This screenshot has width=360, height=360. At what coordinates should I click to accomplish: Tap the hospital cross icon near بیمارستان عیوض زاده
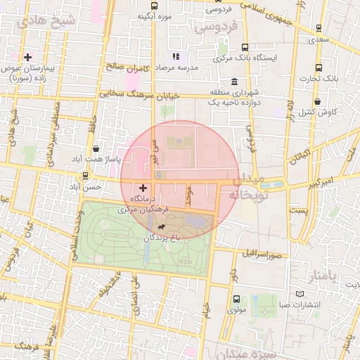27,57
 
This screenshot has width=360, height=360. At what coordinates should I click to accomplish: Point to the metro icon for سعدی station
320,29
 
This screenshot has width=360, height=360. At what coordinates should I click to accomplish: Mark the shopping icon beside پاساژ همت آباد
96,148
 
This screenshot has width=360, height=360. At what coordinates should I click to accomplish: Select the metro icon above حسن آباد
85,176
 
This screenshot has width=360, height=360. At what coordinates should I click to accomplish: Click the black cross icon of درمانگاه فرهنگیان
143,188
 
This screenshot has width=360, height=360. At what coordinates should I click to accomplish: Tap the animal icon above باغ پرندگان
162,227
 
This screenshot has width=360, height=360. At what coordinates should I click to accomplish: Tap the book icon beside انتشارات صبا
300,294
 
